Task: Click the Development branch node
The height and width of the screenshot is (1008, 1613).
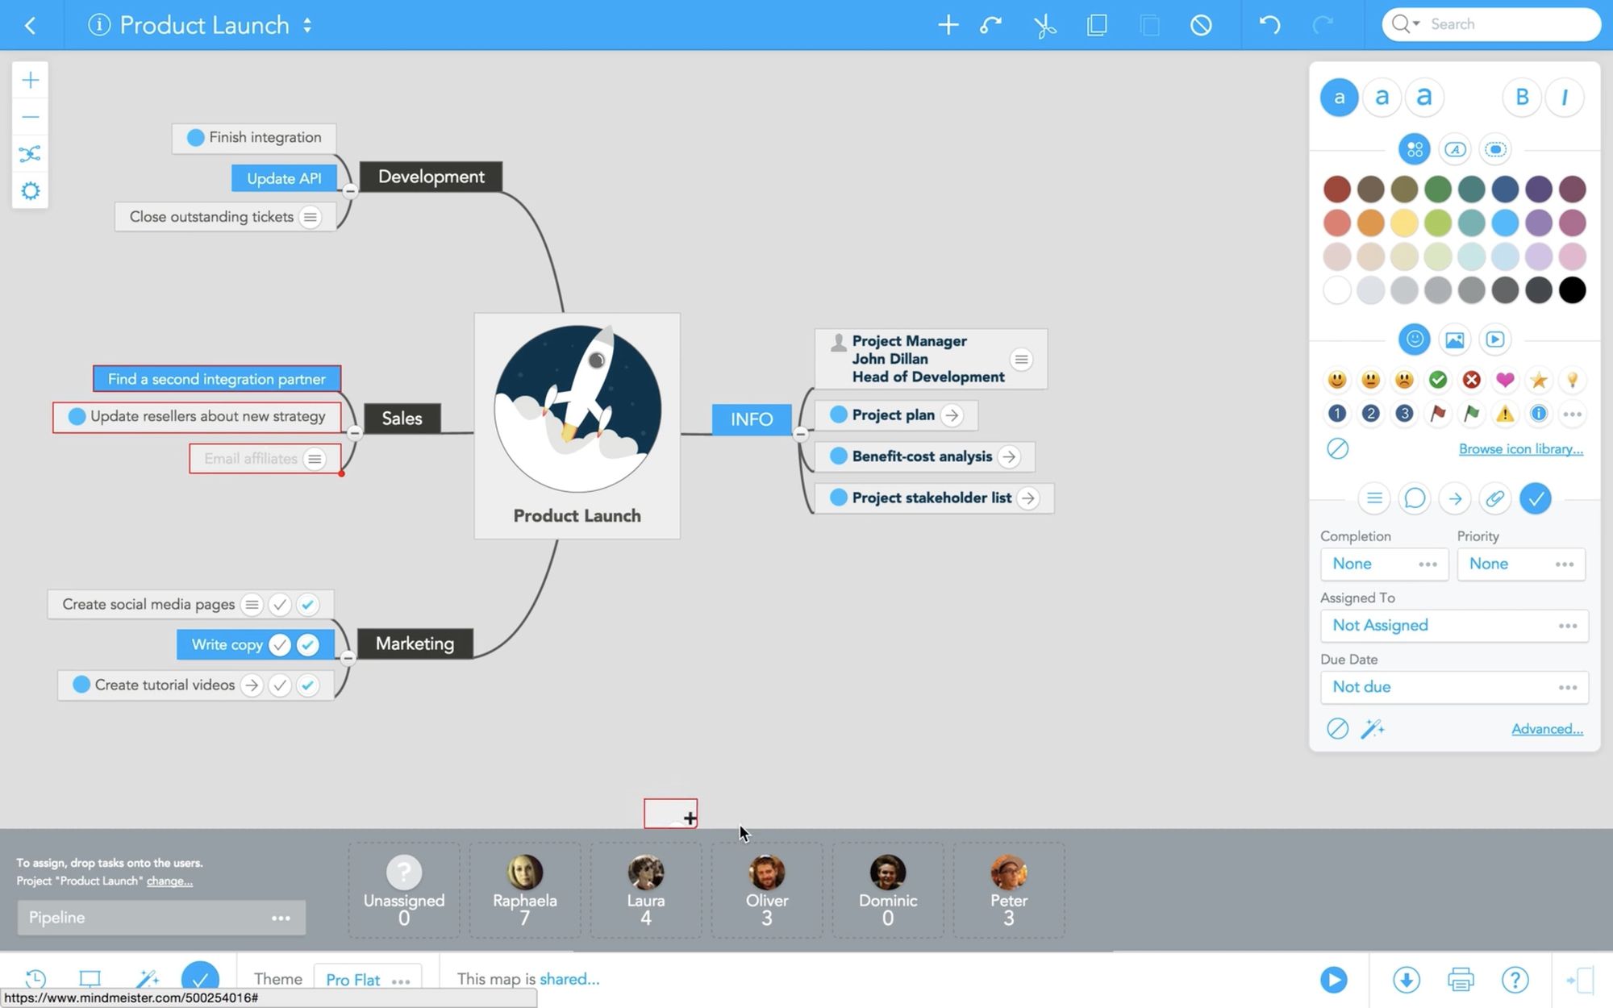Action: pos(431,177)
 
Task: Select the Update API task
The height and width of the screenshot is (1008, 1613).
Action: pos(284,178)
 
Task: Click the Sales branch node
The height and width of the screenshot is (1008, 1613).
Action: pos(402,418)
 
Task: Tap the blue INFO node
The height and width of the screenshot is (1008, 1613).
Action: pos(751,419)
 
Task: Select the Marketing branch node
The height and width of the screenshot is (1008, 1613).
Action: pos(415,644)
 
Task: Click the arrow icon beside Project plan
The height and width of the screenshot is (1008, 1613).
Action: pos(952,415)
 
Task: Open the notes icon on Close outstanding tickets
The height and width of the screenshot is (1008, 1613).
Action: pos(310,217)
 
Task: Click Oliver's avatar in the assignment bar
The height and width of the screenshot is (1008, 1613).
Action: pos(766,872)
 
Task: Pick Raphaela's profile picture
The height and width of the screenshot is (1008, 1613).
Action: pos(524,872)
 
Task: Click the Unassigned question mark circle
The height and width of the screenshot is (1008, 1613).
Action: pos(404,872)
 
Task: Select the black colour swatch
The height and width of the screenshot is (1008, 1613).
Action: pos(1572,290)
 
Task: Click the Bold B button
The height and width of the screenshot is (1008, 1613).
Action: pos(1522,98)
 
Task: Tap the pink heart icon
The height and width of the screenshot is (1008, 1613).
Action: pos(1505,380)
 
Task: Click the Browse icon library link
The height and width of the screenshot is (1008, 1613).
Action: pos(1520,449)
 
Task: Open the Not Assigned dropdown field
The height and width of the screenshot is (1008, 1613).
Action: pos(1454,626)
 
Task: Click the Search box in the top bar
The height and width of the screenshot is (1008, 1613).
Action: pos(1491,24)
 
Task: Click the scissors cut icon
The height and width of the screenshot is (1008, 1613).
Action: pos(1044,25)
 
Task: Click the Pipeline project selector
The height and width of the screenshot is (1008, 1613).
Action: pos(161,918)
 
